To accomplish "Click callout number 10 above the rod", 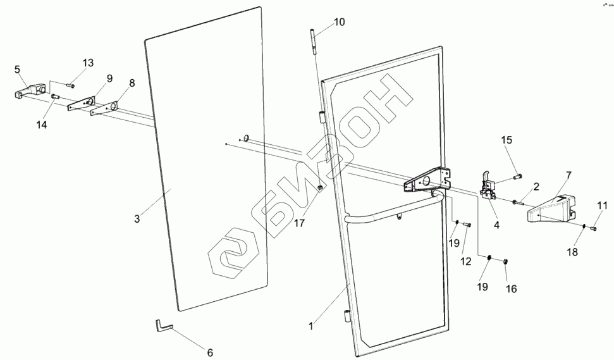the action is tap(340, 22).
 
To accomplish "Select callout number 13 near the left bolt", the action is tap(87, 63).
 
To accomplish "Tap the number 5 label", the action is tap(17, 68).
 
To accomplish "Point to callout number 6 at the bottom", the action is tap(209, 352).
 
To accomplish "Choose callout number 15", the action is tap(507, 140).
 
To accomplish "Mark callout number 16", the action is tap(511, 289).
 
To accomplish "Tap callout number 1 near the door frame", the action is tap(310, 326).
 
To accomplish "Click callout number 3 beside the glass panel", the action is tap(137, 219).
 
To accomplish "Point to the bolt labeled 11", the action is tap(593, 228).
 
